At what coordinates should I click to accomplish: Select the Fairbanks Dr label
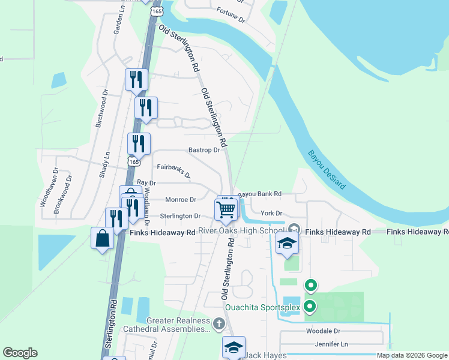173,171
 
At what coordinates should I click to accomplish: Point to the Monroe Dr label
180,200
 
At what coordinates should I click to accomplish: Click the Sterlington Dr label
180,216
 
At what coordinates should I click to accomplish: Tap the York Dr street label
271,213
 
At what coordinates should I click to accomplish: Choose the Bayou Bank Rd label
259,194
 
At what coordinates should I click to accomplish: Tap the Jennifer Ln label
331,344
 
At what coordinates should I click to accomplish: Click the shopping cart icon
226,209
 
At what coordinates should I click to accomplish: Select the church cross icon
219,325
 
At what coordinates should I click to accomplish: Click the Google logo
20,353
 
